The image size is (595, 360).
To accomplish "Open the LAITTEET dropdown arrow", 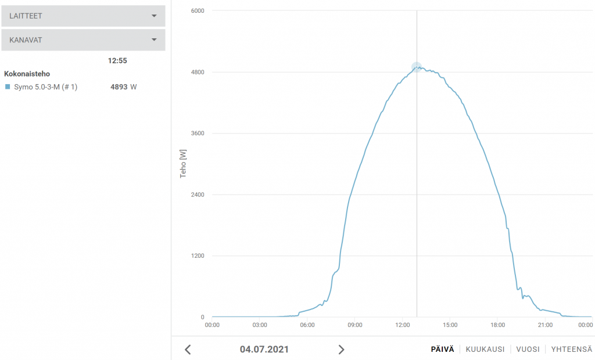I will click(154, 16).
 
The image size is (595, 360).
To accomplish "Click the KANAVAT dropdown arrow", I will click(154, 40).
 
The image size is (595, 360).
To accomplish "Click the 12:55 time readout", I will click(117, 60).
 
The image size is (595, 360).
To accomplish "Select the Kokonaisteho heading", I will click(27, 74).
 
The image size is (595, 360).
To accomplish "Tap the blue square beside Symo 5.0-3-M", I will click(8, 87).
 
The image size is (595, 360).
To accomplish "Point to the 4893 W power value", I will click(123, 87).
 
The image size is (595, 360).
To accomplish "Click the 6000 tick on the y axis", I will click(198, 10).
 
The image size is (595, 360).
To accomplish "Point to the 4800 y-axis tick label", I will click(198, 72).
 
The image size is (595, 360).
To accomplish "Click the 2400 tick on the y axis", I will click(198, 195).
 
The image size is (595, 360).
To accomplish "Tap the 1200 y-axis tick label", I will click(198, 256).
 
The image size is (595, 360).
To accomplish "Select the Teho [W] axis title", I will click(184, 163).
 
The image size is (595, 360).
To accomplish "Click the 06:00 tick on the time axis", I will click(307, 325).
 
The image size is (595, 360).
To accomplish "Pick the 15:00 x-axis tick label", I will click(450, 325).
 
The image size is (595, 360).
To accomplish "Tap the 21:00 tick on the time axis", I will click(545, 325).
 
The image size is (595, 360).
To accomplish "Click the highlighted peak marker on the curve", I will click(417, 67).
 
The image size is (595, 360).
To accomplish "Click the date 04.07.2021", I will click(264, 350).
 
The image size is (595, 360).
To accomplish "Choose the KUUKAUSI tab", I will click(485, 350).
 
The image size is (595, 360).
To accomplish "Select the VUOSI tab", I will click(528, 350).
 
